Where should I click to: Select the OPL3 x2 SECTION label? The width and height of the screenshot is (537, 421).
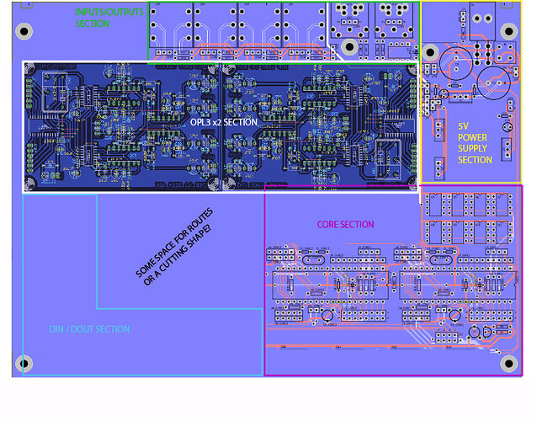224,122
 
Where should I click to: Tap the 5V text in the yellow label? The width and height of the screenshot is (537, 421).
462,127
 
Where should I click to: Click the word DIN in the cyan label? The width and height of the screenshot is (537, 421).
56,329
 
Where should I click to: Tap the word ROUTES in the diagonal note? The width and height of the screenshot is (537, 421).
195,221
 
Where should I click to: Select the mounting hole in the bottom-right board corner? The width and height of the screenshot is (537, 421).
508,363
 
